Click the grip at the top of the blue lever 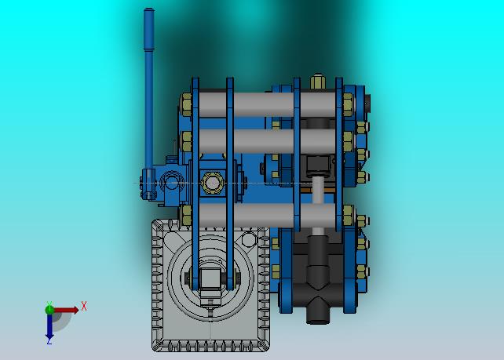tap(149, 29)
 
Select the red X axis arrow tap(66, 310)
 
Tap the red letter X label tap(84, 306)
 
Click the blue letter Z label tap(49, 342)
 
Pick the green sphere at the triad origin tap(49, 310)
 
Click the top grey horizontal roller tap(268, 104)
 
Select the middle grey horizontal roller tap(268, 141)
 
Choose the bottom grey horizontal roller tap(268, 216)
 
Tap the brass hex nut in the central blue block tap(212, 183)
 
